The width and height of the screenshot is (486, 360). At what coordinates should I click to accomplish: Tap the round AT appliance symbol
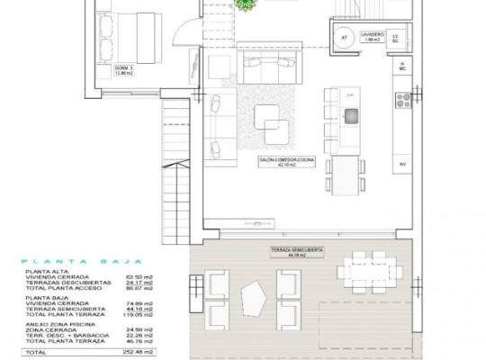pyautogui.click(x=344, y=37)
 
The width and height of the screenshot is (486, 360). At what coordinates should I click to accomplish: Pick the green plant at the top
pyautogui.click(x=244, y=4)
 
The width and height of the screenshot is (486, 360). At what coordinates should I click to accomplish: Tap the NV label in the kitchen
pyautogui.click(x=401, y=165)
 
